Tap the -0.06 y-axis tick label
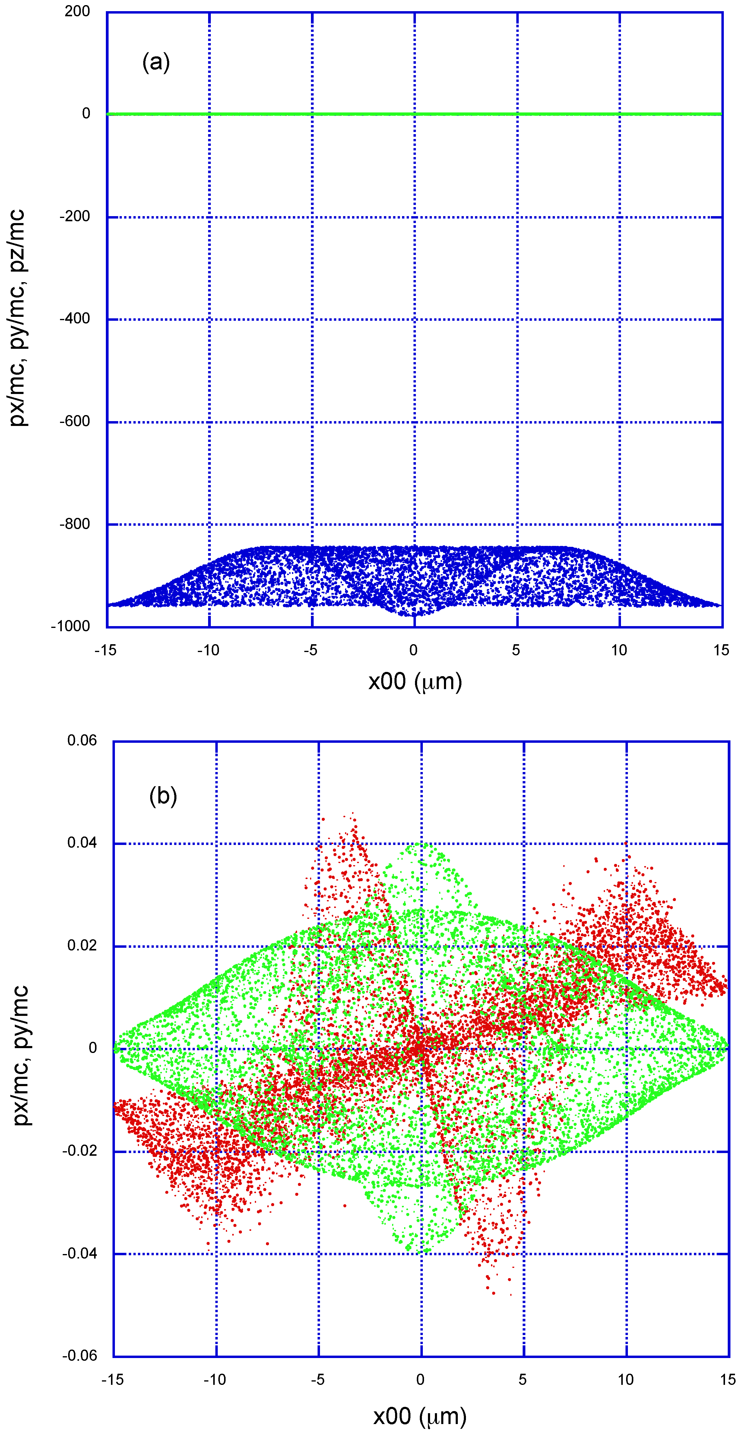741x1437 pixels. coord(79,1356)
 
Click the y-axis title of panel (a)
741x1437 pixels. coord(18,318)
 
